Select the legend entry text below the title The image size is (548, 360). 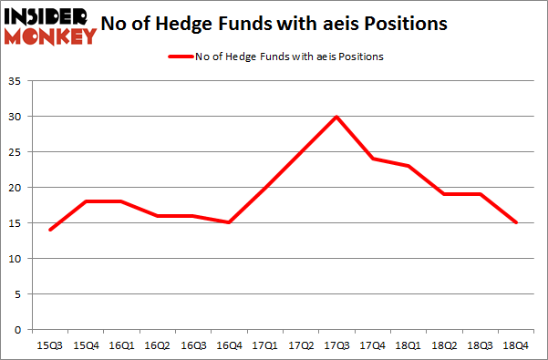click(x=289, y=57)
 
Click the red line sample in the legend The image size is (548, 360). click(x=181, y=57)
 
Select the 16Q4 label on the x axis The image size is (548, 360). click(x=228, y=345)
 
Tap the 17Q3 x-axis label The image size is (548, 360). click(x=336, y=345)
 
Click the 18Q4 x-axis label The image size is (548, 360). click(x=516, y=345)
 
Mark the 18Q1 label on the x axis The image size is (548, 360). click(x=408, y=345)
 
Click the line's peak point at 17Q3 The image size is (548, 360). click(x=336, y=117)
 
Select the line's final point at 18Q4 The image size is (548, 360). click(x=516, y=222)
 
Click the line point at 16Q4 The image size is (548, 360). click(x=228, y=222)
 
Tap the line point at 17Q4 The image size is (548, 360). click(x=372, y=159)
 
